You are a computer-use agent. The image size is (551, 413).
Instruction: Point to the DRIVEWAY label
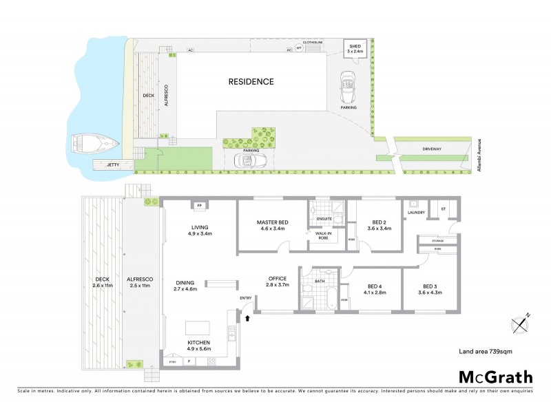[x=432, y=150]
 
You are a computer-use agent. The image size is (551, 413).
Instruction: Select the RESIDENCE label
[x=251, y=82]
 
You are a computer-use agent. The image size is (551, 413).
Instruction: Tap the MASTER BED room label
[x=272, y=222]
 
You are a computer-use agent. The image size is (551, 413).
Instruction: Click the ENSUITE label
[x=324, y=220]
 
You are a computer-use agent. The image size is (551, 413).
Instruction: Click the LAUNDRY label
[x=416, y=213]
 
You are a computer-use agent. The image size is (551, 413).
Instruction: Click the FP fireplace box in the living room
[x=200, y=206]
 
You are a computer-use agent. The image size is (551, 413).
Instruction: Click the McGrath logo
[x=495, y=377]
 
